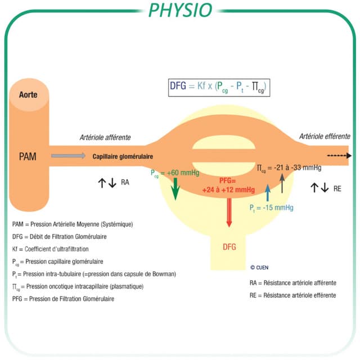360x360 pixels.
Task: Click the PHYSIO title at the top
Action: pos(181,10)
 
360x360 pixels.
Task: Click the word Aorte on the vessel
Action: pos(28,94)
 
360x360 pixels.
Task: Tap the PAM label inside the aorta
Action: pos(28,156)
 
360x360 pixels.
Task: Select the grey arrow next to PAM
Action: pos(68,156)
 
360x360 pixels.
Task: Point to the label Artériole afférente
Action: pos(105,137)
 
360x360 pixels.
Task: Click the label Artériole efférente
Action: pos(325,136)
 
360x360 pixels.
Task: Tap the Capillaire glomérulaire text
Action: pos(123,156)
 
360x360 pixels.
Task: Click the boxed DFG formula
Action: pos(219,88)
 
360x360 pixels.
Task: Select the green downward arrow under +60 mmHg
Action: pos(175,189)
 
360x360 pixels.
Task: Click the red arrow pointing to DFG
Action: pos(229,213)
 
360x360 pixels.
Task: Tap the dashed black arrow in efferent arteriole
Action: pos(339,156)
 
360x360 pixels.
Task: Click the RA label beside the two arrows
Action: pos(125,182)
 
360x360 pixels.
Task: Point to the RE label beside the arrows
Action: pos(337,189)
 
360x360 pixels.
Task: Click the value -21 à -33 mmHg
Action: pos(298,168)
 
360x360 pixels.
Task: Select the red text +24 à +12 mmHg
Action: pos(228,190)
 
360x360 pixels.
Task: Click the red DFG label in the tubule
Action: pos(229,247)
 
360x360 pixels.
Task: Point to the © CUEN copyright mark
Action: pos(259,268)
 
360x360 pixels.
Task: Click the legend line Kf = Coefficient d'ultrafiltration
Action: pos(50,249)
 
